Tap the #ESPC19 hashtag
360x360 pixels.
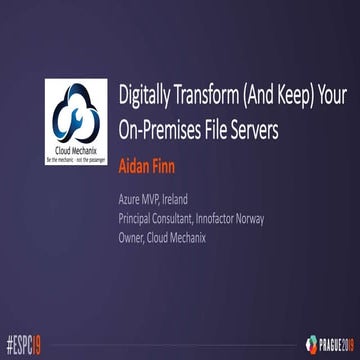click(27, 346)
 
